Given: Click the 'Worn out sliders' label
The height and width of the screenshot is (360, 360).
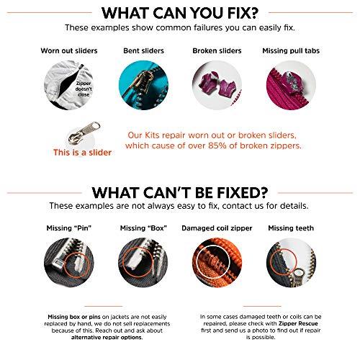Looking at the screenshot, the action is [69, 51].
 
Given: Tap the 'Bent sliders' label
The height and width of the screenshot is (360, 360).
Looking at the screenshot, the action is [143, 51].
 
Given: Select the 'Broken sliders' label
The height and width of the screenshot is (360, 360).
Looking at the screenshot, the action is [217, 51].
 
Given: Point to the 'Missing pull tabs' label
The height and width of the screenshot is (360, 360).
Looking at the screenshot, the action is [291, 51].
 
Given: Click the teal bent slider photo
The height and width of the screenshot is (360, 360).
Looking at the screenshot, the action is [143, 85].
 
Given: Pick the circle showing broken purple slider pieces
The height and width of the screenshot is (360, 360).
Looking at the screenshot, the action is [217, 85].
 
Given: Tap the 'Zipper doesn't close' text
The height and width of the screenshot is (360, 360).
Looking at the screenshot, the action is [84, 89].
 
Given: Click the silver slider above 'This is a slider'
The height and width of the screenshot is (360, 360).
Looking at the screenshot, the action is [84, 132].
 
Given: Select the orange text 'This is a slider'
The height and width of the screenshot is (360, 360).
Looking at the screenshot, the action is [82, 153].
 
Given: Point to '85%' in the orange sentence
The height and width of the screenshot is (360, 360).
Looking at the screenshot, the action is [217, 145].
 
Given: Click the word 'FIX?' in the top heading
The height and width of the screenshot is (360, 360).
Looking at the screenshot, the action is [243, 13].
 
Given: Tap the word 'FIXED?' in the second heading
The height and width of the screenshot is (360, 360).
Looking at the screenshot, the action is [243, 193].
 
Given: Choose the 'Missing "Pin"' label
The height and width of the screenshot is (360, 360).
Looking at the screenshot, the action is [69, 228].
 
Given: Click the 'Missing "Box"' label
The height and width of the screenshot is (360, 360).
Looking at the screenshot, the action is [143, 228].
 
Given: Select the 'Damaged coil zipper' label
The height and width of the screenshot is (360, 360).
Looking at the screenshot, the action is [217, 228].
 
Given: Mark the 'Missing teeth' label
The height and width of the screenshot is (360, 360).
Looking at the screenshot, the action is [291, 228].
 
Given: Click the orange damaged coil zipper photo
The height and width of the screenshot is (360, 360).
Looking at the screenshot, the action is [217, 263].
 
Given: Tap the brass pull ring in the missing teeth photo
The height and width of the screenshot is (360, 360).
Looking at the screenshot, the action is [299, 276].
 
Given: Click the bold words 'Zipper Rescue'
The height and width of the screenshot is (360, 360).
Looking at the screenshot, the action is [298, 323].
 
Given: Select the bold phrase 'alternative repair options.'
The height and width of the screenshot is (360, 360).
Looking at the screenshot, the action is [107, 338].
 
